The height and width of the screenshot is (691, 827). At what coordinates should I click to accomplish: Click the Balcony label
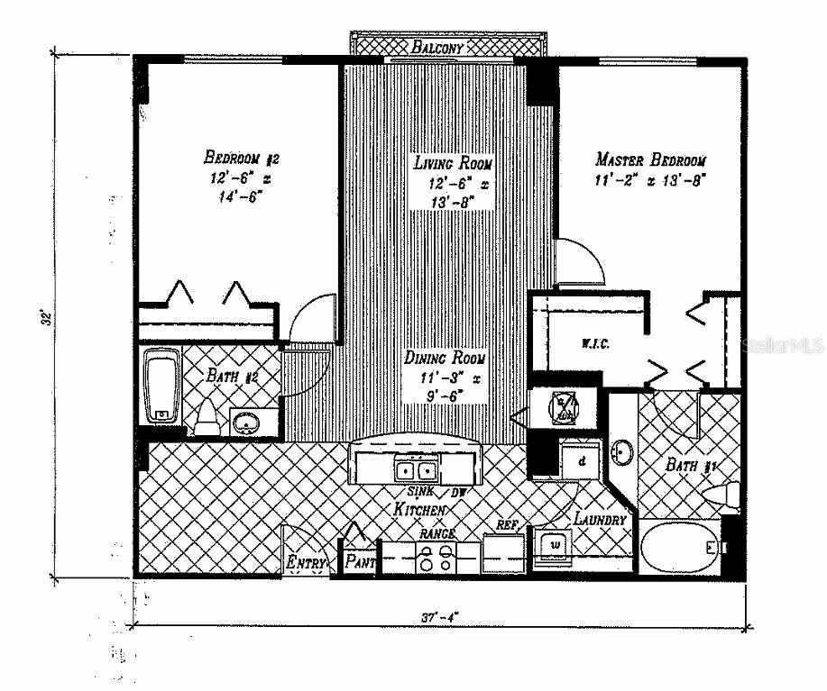coord(437,47)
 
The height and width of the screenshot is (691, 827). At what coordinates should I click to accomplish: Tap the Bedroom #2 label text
coord(242,159)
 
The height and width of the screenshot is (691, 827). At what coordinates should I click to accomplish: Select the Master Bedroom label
coord(650,160)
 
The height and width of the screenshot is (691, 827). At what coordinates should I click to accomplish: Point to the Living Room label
coord(453,164)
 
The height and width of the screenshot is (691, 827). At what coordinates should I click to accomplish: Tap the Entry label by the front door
coord(306,563)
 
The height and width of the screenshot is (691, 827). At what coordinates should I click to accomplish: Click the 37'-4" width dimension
coord(441,618)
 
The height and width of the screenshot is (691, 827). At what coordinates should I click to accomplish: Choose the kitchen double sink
coord(418,468)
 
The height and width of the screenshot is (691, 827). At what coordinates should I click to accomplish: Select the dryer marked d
coord(580,460)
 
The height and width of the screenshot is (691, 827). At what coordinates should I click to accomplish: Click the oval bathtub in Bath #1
coord(681,548)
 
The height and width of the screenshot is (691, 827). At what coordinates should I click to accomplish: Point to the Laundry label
coord(600,520)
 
